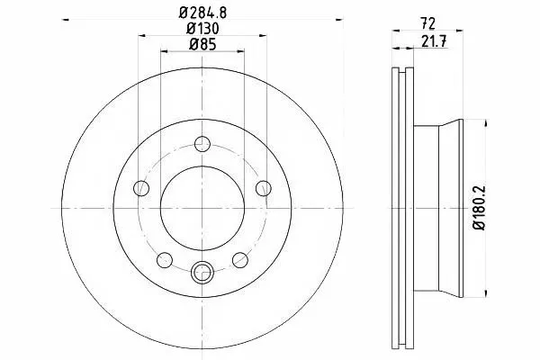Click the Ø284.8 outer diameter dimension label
(x=202, y=13)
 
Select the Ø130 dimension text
(x=202, y=29)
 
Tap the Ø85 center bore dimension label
(x=202, y=44)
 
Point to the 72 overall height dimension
(x=427, y=23)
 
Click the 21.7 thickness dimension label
(x=434, y=41)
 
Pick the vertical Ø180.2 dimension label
(x=479, y=208)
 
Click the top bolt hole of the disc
(x=202, y=144)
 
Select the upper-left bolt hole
(x=141, y=188)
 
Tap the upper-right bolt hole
(x=264, y=188)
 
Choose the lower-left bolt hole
(x=165, y=260)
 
